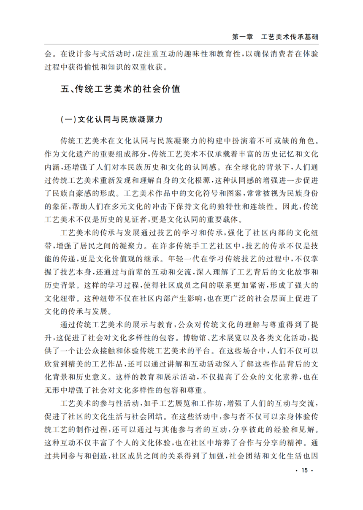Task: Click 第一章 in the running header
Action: [x=242, y=37]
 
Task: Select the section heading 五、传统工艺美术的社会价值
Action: [x=121, y=90]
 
